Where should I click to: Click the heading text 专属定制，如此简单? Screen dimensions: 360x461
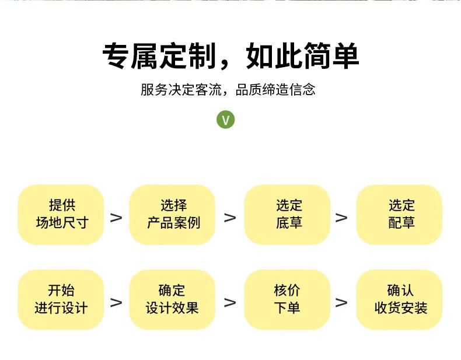tap(230, 56)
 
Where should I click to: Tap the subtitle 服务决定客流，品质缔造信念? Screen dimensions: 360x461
tap(228, 90)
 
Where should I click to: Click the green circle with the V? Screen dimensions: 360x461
tap(226, 120)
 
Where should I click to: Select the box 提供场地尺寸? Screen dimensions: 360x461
tap(61, 214)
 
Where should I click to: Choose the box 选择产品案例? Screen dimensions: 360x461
tap(173, 214)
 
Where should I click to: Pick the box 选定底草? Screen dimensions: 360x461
tap(288, 214)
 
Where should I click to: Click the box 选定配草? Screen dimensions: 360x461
tap(400, 214)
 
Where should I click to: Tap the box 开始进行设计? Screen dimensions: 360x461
tap(61, 299)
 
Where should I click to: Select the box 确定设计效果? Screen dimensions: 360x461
tap(173, 299)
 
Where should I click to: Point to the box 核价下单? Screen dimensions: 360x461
tap(288, 299)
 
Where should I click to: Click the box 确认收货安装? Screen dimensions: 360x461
tap(400, 299)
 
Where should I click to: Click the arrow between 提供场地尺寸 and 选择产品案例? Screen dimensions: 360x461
tap(117, 218)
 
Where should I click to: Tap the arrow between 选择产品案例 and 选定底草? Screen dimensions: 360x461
tap(230, 218)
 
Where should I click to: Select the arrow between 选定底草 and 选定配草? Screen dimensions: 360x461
tap(341, 218)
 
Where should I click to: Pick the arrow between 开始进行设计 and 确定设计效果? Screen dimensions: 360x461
tap(117, 302)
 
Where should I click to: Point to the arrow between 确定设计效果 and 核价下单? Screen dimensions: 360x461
tap(230, 302)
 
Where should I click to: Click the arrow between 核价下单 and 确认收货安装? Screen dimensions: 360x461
tap(341, 302)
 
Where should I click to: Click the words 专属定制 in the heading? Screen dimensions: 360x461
tap(154, 56)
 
